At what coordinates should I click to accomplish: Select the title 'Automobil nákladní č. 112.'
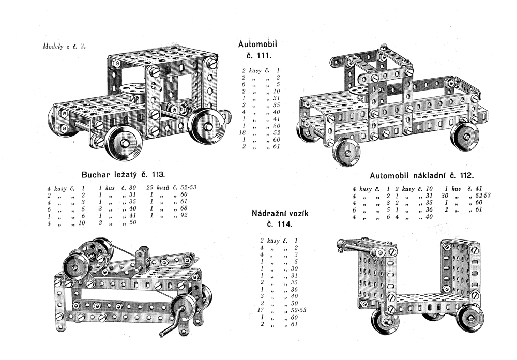click(x=422, y=175)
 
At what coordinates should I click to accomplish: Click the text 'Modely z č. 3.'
click(x=63, y=46)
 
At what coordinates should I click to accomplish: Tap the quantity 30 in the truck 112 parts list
click(x=444, y=196)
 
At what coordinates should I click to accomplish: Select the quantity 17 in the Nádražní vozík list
click(x=263, y=310)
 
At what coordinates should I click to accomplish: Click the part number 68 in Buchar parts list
click(x=183, y=209)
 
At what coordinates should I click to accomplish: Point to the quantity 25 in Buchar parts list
click(x=150, y=187)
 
